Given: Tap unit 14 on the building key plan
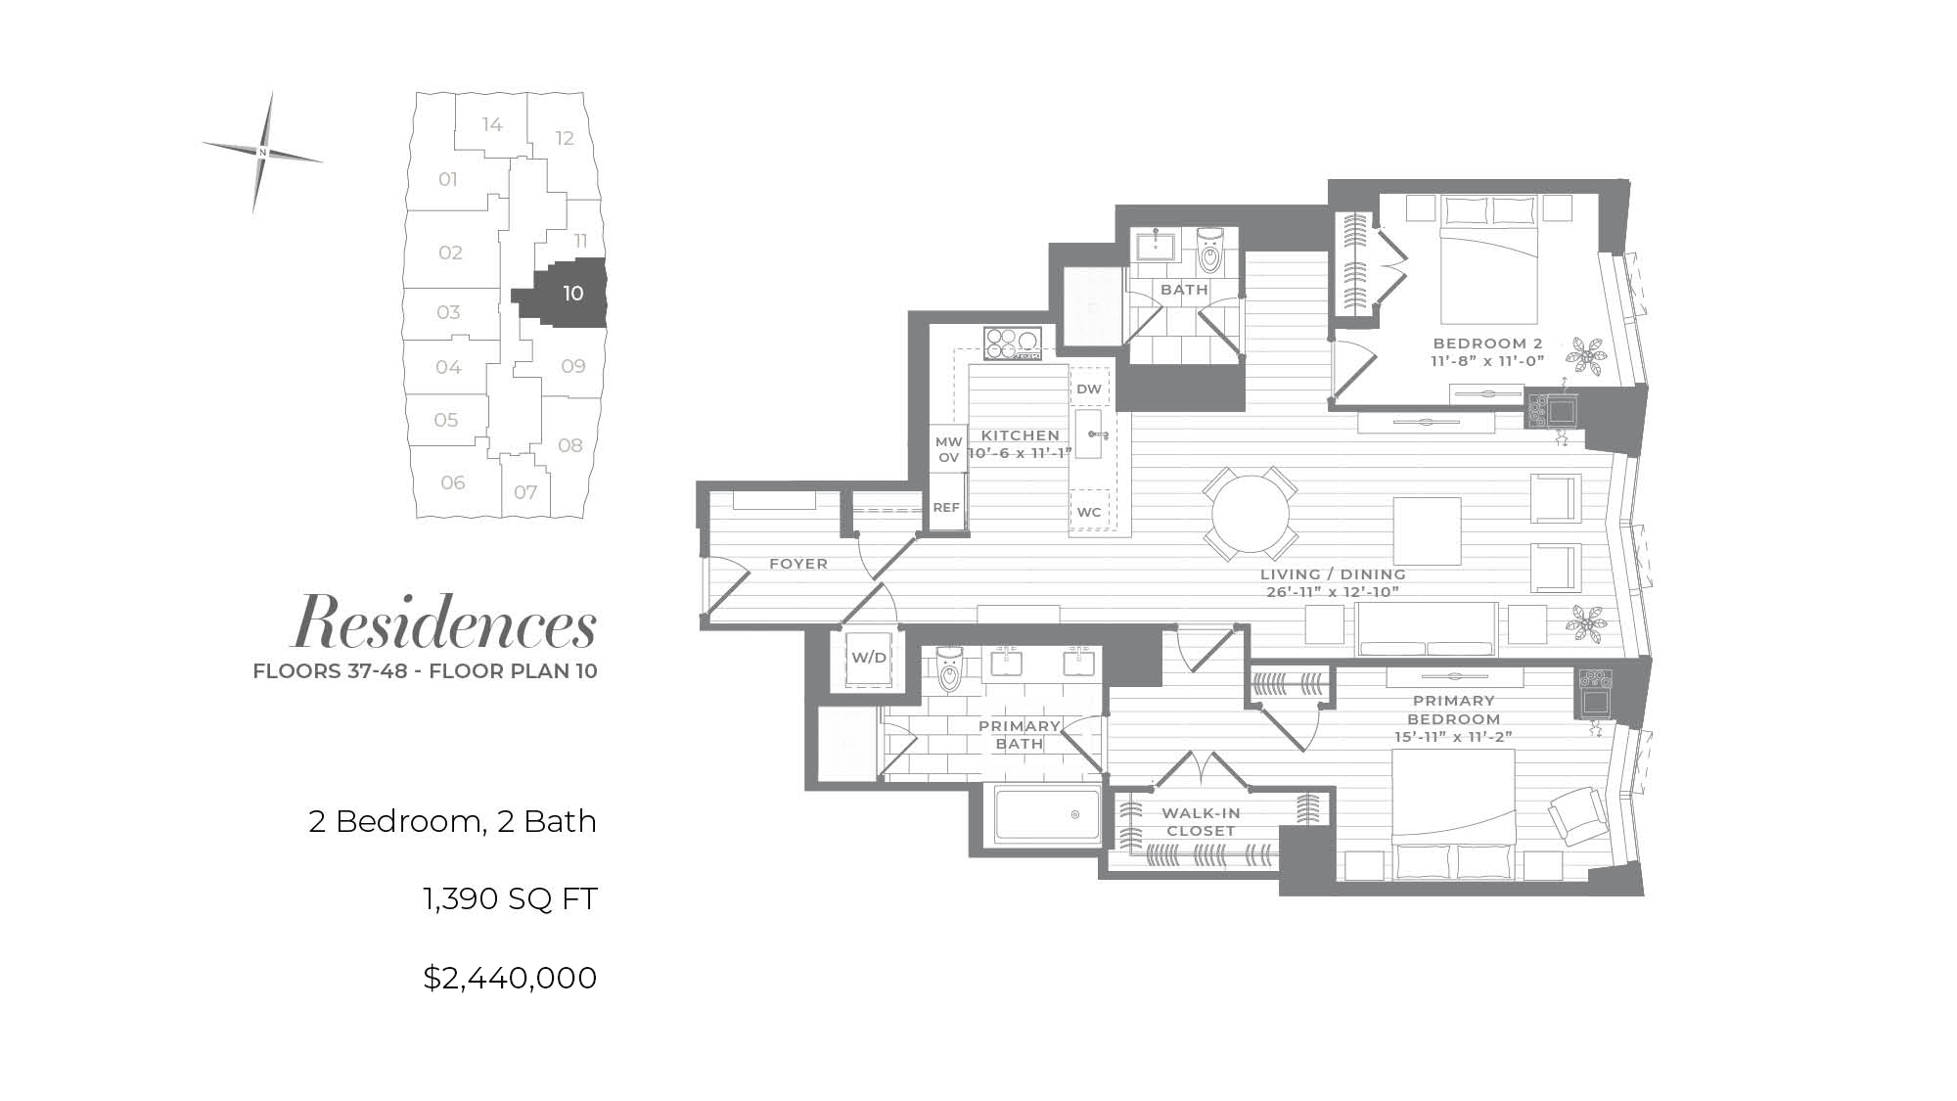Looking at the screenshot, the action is click(x=492, y=124).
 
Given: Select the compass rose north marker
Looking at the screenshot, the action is click(x=262, y=153).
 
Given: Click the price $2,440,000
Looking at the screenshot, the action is click(x=510, y=978).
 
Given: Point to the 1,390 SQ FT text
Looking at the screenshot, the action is click(x=510, y=898).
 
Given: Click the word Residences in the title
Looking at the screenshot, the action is click(x=445, y=623).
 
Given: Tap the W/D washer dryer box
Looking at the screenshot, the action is click(x=868, y=658).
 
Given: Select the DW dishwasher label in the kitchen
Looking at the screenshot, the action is click(x=1089, y=389).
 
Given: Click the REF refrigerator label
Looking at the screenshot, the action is click(x=946, y=508).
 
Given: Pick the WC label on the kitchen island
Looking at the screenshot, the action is click(x=1089, y=512).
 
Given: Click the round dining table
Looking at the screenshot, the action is click(x=1251, y=514).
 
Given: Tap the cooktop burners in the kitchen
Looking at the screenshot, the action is click(x=1012, y=344).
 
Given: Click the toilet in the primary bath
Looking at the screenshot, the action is click(x=949, y=669).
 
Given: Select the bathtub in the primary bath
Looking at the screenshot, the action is click(x=1048, y=814).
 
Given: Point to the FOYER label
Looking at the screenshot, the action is click(x=798, y=564).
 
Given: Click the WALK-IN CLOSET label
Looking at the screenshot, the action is click(x=1201, y=822).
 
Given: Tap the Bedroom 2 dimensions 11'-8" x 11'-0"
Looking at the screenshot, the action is click(x=1487, y=361).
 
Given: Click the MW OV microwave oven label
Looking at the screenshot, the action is click(x=949, y=450).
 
